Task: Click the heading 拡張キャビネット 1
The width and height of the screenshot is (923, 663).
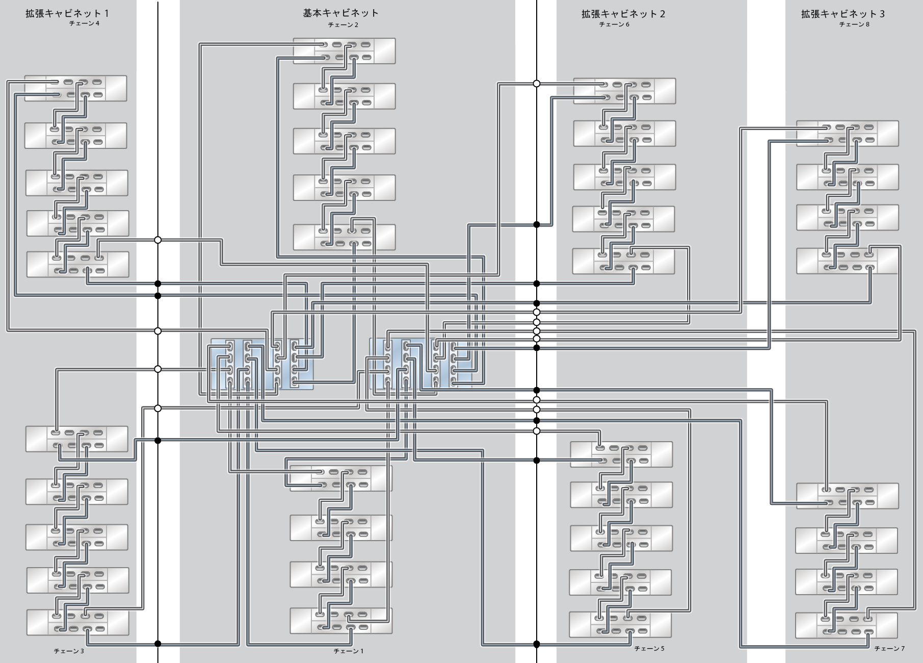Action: coord(67,14)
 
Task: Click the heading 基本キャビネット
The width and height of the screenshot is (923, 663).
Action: coord(340,13)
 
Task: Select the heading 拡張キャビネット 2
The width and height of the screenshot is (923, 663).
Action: coord(623,14)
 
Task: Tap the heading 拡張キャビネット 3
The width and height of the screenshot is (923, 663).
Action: coord(842,14)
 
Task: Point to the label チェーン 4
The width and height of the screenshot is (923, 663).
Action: coord(84,23)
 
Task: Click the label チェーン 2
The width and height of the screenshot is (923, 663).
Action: coord(343,24)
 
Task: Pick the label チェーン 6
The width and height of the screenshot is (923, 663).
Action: coord(614,24)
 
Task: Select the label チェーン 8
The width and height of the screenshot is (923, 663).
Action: coord(854,24)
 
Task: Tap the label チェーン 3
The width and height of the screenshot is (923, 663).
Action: coord(69,651)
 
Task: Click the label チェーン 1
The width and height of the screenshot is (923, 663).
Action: coord(349,651)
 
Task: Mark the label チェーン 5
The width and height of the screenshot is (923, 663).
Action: coord(649,649)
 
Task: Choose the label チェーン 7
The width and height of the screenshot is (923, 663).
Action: coord(889,649)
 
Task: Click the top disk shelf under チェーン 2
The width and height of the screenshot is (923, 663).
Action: coord(344,51)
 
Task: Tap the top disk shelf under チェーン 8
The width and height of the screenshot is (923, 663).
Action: coord(847,133)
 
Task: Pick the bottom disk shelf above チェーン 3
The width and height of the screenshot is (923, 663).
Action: coord(77,622)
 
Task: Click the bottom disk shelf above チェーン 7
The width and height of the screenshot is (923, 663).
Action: coord(846,625)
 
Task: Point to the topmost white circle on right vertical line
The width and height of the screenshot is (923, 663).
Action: coord(536,84)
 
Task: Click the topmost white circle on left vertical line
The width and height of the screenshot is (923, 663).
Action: coord(157,240)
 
